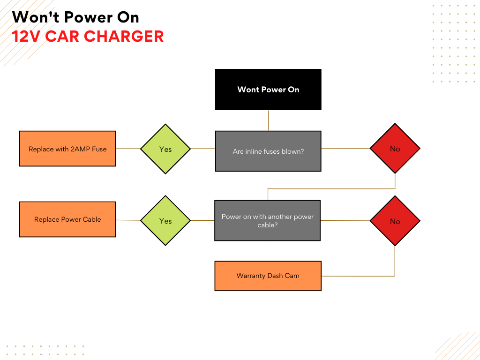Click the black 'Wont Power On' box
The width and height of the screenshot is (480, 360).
point(268,90)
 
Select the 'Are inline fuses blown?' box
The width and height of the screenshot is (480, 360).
point(268,151)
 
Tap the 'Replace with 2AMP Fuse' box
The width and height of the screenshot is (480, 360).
point(67,149)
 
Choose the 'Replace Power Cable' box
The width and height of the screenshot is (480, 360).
point(67,219)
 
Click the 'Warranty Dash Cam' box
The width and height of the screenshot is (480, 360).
point(268,276)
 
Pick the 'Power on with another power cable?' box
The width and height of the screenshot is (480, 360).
point(268,221)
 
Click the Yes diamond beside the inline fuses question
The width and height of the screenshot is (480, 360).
point(165,149)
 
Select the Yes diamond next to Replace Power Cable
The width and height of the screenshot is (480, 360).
point(165,221)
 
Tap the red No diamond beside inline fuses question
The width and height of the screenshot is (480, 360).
point(395,149)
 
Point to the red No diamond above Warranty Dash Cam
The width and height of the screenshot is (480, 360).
point(395,221)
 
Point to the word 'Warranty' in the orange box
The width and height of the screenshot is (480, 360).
point(251,276)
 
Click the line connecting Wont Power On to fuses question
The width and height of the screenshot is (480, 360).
point(268,120)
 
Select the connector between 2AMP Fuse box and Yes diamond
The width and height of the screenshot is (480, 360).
point(127,149)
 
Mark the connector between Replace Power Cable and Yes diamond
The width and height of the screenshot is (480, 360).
point(127,220)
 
